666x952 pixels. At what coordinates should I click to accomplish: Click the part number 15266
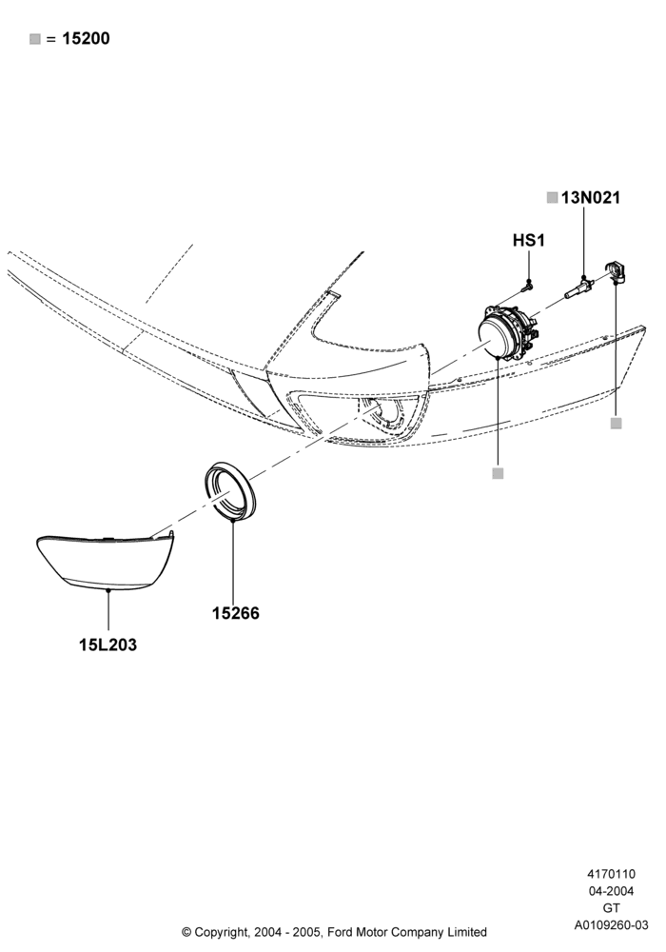[x=235, y=613]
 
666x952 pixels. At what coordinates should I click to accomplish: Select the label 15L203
[x=108, y=645]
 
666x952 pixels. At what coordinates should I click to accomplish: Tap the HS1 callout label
[x=529, y=241]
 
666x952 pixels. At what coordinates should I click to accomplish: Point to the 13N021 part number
[x=591, y=198]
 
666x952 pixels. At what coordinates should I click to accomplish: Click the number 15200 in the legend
[x=87, y=39]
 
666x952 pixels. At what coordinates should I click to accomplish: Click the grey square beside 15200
[x=35, y=39]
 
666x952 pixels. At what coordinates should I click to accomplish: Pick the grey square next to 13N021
[x=552, y=198]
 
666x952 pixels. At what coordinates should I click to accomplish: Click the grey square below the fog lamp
[x=498, y=473]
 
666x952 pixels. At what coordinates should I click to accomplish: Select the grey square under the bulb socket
[x=617, y=424]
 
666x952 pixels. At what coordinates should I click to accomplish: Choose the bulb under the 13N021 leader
[x=579, y=288]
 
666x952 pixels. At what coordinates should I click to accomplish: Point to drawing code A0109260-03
[x=612, y=925]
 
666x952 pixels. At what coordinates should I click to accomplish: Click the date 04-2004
[x=612, y=891]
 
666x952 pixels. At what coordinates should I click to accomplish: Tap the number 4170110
[x=612, y=874]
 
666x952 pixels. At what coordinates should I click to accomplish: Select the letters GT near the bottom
[x=612, y=908]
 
